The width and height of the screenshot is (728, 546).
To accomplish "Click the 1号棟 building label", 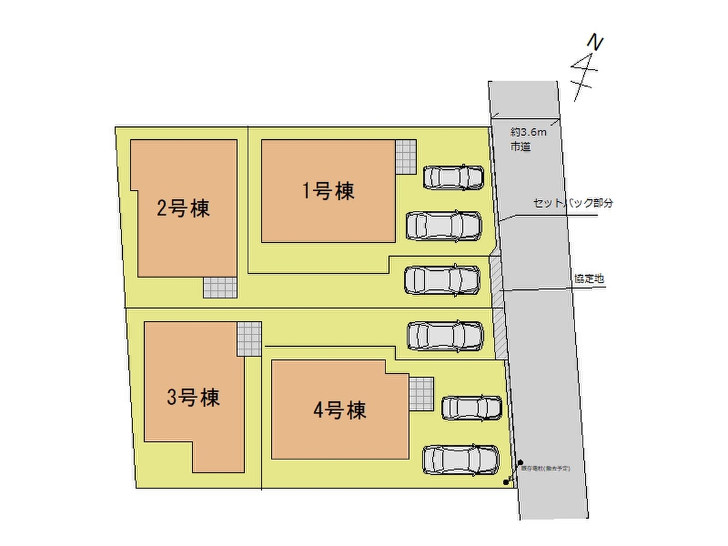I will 329,191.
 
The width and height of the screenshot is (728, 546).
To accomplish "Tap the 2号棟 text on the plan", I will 183,208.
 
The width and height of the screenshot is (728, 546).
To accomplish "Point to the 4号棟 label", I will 340,410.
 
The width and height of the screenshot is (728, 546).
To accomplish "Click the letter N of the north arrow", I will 596,43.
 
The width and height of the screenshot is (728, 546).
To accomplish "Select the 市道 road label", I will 520,146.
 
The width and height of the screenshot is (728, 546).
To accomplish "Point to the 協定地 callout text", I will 588,278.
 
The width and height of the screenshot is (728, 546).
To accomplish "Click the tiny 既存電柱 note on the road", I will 544,468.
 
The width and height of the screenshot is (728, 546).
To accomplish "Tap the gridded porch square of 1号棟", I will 405,158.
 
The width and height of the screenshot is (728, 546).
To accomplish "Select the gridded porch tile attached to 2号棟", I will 220,288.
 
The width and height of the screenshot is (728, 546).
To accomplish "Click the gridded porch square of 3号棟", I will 249,339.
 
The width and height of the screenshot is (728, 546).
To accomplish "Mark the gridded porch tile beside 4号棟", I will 421,394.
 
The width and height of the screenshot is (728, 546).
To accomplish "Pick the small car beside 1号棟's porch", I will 454,177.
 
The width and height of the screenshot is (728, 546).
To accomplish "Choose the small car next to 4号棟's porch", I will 471,407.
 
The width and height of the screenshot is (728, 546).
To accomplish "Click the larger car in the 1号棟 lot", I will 443,226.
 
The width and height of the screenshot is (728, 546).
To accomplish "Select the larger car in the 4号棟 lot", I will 461,459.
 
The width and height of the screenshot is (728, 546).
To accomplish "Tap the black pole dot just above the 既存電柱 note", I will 520,462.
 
